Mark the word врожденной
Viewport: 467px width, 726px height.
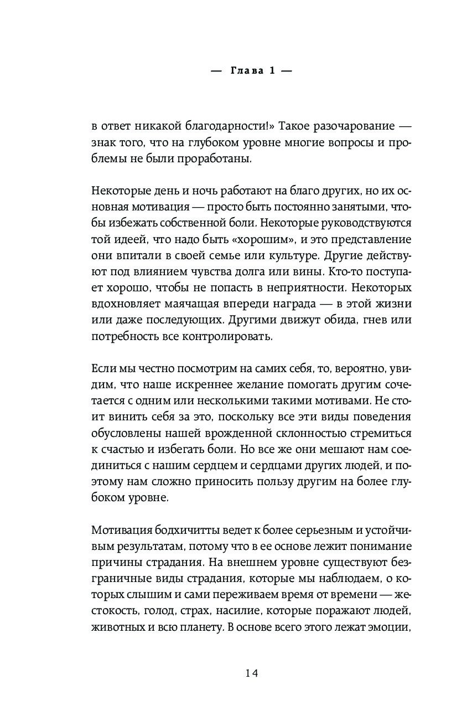coord(250,434)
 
